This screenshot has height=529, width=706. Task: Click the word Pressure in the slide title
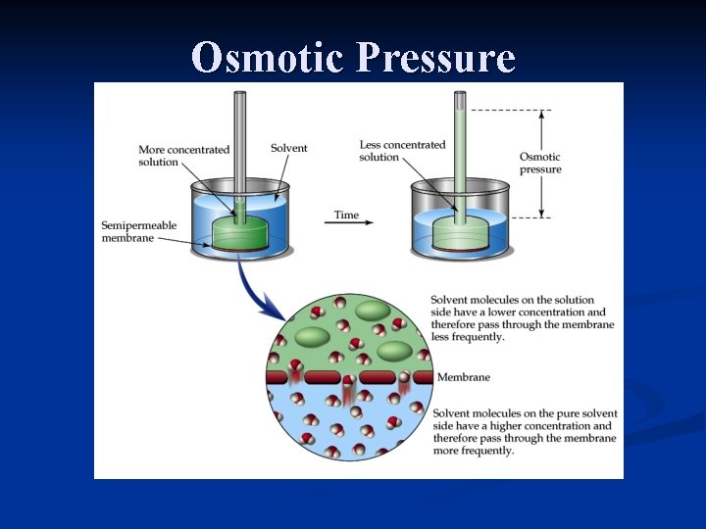click(x=435, y=58)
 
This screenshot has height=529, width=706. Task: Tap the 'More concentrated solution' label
click(x=183, y=156)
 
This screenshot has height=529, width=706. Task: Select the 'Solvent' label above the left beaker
click(x=288, y=148)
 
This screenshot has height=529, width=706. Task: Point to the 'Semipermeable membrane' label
click(x=138, y=232)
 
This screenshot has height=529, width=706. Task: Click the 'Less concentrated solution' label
click(x=402, y=151)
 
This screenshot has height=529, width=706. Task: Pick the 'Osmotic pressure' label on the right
click(x=540, y=163)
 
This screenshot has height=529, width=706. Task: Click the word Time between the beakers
click(x=346, y=215)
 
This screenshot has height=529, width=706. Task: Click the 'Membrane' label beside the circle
click(x=463, y=377)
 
